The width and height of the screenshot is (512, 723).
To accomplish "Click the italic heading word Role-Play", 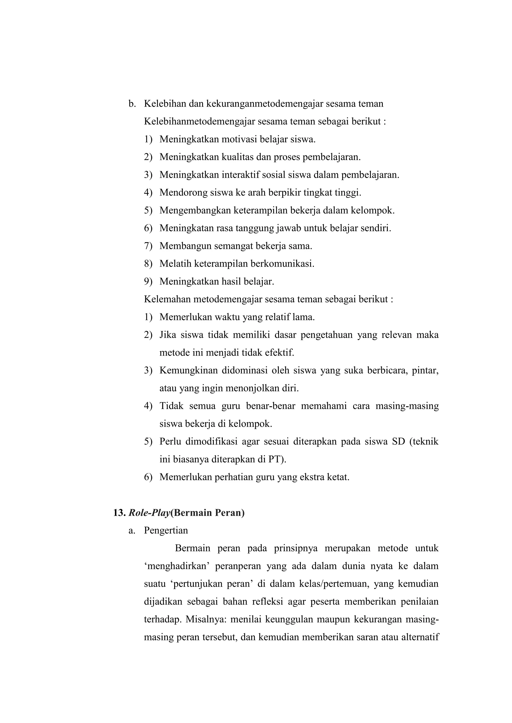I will pos(149,513).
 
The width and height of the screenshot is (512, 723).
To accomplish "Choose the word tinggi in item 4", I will pos(349,192).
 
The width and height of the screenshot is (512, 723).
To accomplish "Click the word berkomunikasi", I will pos(282,264).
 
